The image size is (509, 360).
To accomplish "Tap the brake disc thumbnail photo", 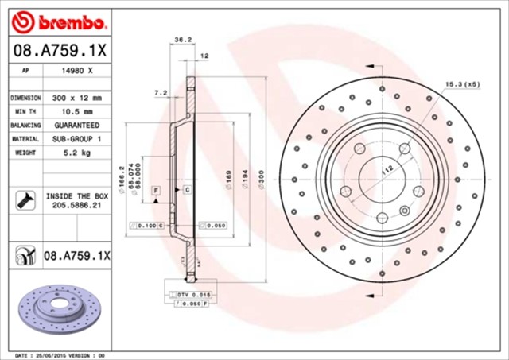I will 59,306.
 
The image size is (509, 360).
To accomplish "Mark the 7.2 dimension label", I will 159,93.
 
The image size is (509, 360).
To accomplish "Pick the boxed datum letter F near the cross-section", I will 156,190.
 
